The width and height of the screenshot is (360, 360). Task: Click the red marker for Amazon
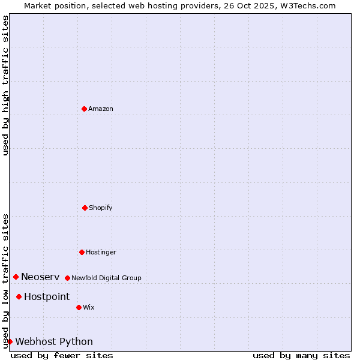[84, 109]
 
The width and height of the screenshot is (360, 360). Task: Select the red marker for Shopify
[85, 208]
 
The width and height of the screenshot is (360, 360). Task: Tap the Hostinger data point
[82, 252]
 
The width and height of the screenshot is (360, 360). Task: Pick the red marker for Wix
[79, 307]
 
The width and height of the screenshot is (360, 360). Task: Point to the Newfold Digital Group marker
[67, 278]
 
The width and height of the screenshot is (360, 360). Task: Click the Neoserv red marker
[16, 277]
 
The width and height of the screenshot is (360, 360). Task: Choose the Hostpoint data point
[19, 296]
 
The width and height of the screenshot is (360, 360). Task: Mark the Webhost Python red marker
[10, 341]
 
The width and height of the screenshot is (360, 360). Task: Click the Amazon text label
[101, 109]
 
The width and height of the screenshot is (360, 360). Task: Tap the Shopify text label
[101, 208]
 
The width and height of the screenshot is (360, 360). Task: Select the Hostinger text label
[101, 252]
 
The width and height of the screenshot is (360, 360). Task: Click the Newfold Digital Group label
[106, 278]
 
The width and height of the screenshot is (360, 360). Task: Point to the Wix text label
[89, 307]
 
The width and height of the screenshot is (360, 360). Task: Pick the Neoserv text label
[40, 277]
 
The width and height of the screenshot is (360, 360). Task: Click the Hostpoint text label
[47, 296]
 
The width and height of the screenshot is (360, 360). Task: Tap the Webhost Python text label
[54, 341]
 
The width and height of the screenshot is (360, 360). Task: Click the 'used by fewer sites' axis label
[62, 355]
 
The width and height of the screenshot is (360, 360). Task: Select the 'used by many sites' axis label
[301, 355]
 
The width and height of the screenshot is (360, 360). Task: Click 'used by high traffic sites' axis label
[5, 85]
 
